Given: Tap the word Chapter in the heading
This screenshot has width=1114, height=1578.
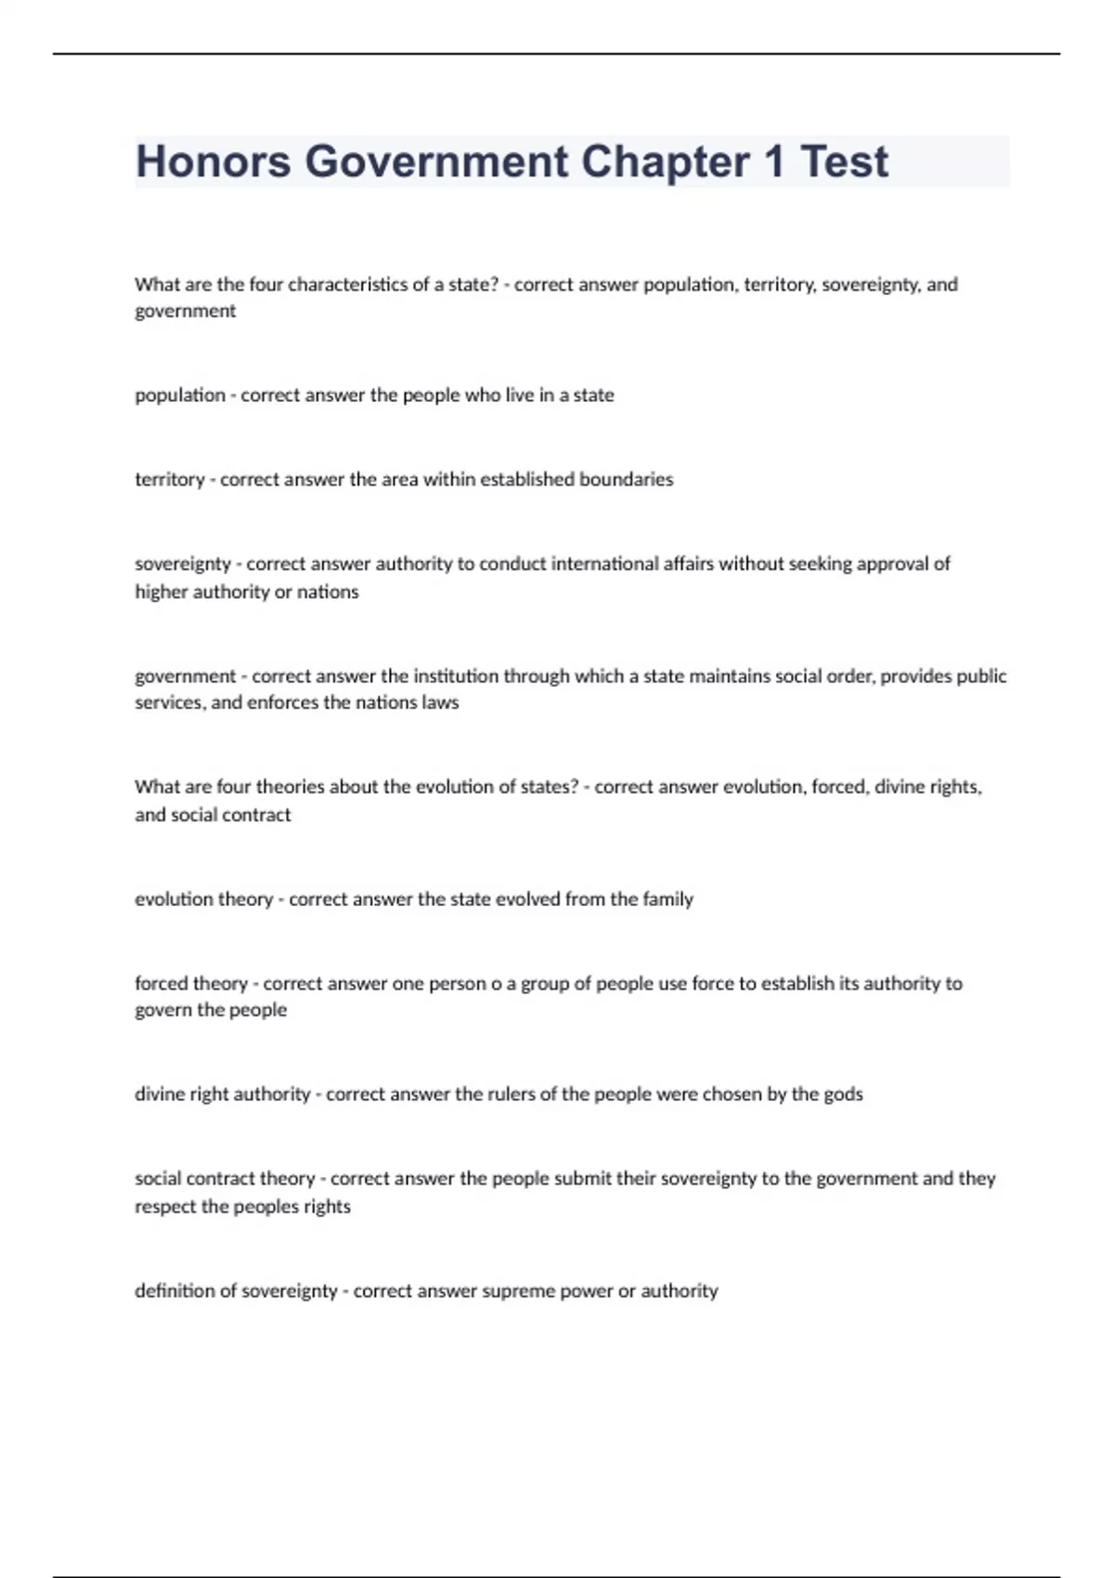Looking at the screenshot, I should pos(665,162).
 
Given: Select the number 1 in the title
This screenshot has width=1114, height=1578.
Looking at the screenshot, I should pos(774,162).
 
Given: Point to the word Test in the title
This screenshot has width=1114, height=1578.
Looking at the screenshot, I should pos(844,162).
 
